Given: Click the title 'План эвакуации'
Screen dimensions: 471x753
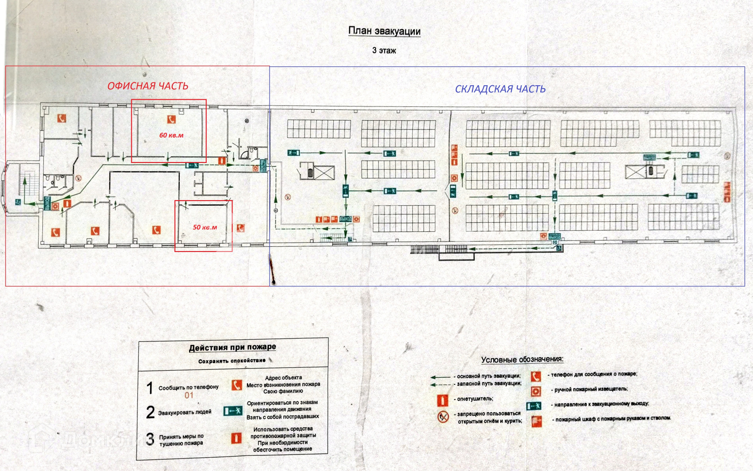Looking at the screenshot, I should tap(384, 31).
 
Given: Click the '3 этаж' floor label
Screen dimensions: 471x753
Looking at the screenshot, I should tap(384, 50).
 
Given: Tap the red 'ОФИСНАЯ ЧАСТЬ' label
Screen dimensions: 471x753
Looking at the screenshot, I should tap(148, 86).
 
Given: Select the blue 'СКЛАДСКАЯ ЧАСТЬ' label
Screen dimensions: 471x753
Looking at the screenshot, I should tap(500, 89).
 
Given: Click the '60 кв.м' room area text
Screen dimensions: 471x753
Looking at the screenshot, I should tap(171, 135).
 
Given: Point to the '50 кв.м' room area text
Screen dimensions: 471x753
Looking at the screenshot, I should tap(205, 227).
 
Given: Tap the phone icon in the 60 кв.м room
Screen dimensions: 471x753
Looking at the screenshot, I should tap(171, 120).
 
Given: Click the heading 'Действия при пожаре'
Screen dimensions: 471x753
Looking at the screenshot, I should tap(232, 348).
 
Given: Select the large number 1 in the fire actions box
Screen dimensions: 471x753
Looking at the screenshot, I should tap(150, 388).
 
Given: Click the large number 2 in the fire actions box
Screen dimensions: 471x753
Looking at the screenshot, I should tap(150, 412).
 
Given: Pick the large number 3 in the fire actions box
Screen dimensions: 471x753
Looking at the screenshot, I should tap(150, 439).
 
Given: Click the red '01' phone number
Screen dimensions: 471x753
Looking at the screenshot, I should tap(189, 396).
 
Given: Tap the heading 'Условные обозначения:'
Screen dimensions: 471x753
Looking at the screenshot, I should tap(522, 359).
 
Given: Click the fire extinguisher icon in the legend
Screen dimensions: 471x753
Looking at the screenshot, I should tap(442, 400).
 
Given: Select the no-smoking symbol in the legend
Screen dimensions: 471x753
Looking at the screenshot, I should tap(443, 417).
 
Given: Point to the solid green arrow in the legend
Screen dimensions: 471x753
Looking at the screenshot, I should tap(441, 377).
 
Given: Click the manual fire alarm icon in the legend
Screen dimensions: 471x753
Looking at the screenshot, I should tap(536, 390).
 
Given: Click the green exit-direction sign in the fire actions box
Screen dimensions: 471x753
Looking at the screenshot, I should tap(233, 411).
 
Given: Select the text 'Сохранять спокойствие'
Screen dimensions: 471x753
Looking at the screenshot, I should tap(232, 361).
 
